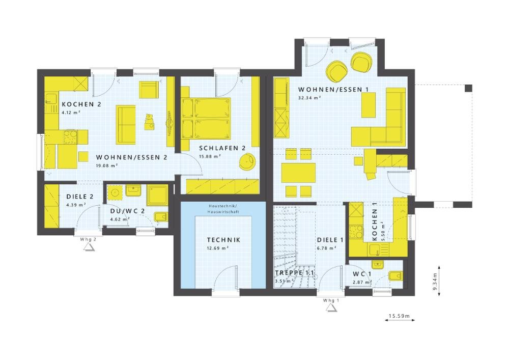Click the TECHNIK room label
[223, 240]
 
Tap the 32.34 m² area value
[309, 97]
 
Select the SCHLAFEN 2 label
[222, 148]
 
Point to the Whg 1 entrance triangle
[331, 308]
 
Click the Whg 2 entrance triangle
[89, 247]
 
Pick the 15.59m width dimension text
[400, 316]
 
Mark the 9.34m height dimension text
[435, 282]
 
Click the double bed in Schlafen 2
[206, 118]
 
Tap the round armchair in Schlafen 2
[247, 161]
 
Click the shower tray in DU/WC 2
[157, 195]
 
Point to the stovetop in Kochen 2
[70, 136]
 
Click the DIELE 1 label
[330, 240]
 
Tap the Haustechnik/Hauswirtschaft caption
[223, 209]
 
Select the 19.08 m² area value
[107, 165]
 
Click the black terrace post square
[468, 88]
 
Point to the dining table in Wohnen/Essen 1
[299, 173]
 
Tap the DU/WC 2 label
[127, 211]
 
